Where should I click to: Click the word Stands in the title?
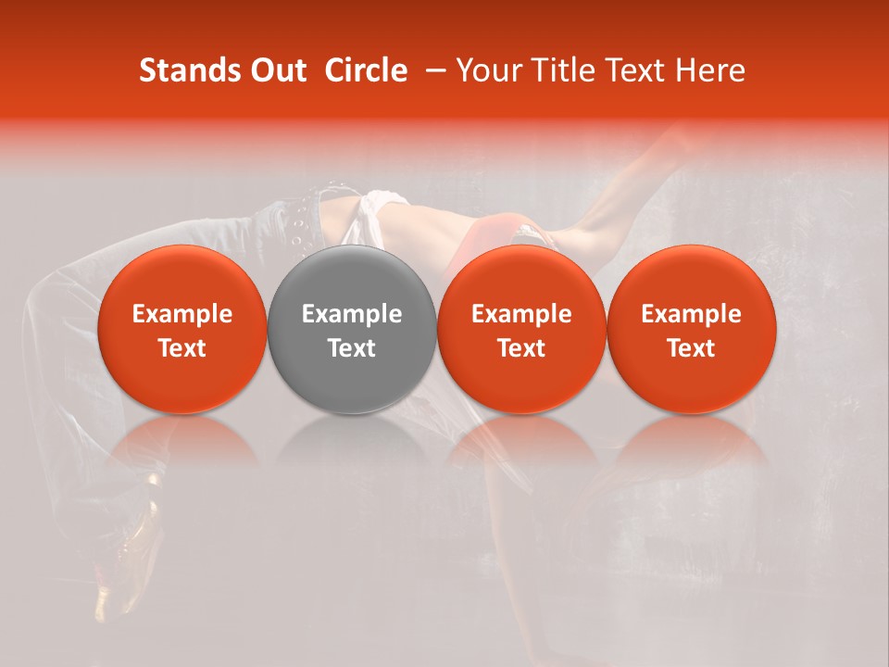[191, 70]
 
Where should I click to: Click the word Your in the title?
[486, 70]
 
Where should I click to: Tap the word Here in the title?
[708, 70]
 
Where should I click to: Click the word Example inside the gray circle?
[352, 314]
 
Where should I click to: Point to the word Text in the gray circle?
[352, 348]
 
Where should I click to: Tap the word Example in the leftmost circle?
[182, 314]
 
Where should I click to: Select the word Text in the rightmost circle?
[691, 348]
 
